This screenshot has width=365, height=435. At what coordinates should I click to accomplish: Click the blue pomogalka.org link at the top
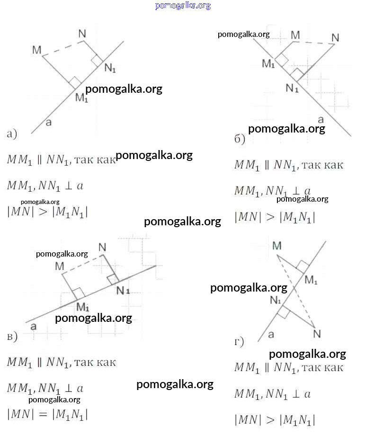point(183,5)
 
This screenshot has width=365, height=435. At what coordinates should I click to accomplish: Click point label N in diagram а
point(82,34)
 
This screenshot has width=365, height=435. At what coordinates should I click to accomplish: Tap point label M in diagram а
point(36,50)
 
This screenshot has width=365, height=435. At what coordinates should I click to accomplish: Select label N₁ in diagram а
point(110,68)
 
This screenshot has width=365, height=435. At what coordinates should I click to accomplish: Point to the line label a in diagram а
point(49,122)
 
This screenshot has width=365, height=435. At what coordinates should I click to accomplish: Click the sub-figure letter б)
point(240,139)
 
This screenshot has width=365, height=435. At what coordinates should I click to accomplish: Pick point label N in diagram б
point(335,37)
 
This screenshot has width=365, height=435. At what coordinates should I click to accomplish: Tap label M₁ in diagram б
point(268,64)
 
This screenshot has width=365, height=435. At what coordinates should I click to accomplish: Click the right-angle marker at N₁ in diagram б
point(297,74)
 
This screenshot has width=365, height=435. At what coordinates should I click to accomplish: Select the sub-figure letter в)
point(12,337)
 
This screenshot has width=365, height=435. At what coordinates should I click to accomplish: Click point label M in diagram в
point(59,266)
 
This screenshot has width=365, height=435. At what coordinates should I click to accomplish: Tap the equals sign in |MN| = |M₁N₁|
point(43,414)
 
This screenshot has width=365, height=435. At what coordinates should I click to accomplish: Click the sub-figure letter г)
point(239,341)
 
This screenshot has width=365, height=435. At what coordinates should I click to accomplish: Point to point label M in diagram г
point(277,246)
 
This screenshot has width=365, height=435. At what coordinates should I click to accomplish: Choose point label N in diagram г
point(317,334)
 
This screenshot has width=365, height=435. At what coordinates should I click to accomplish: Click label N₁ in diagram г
point(276,300)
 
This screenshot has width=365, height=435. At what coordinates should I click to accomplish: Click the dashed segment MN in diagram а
point(63,49)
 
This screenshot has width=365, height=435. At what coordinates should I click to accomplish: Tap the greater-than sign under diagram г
point(270,420)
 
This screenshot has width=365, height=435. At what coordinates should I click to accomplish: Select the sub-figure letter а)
point(12,134)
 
